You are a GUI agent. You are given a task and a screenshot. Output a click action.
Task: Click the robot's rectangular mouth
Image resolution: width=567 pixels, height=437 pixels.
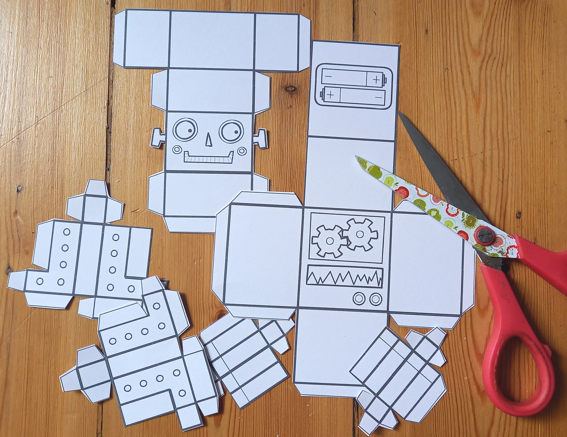click(x=209, y=157)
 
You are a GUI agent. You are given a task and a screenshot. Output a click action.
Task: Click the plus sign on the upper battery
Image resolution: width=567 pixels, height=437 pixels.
click(x=376, y=80)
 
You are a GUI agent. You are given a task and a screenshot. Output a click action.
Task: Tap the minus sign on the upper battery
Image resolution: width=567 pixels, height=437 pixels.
click(x=328, y=76)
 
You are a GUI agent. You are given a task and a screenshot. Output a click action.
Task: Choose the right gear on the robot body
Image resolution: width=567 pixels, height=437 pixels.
click(x=360, y=234)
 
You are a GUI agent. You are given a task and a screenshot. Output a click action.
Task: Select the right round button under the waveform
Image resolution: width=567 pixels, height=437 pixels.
click(x=375, y=298)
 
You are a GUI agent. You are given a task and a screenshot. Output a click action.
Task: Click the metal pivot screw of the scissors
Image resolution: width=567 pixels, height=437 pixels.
click(x=484, y=235)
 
